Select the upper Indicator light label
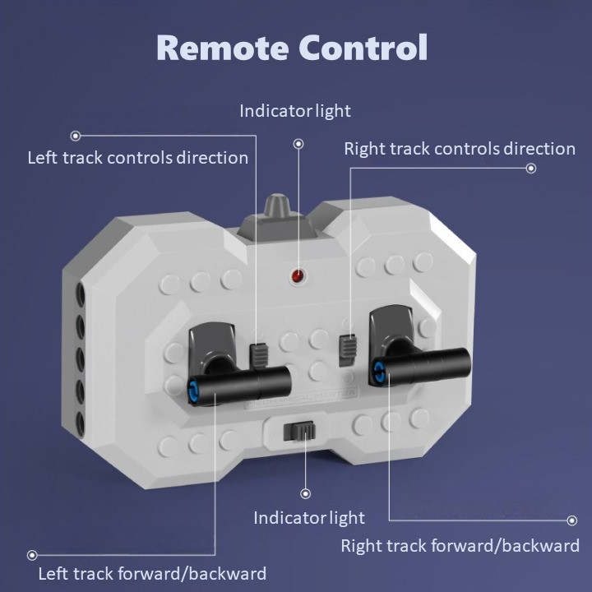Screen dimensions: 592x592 [295, 110]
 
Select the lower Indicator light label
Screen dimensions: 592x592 [309, 518]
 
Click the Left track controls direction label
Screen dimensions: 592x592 [138, 157]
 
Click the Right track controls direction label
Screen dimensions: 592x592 [460, 149]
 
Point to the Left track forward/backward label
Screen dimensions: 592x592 [152, 573]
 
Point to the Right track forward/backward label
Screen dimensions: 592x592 [460, 545]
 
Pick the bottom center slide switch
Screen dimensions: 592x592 [298, 432]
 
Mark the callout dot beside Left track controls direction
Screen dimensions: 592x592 [76, 136]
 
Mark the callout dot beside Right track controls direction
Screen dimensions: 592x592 [531, 169]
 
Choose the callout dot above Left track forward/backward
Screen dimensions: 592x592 [32, 555]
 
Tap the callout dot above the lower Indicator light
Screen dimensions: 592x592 [306, 493]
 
